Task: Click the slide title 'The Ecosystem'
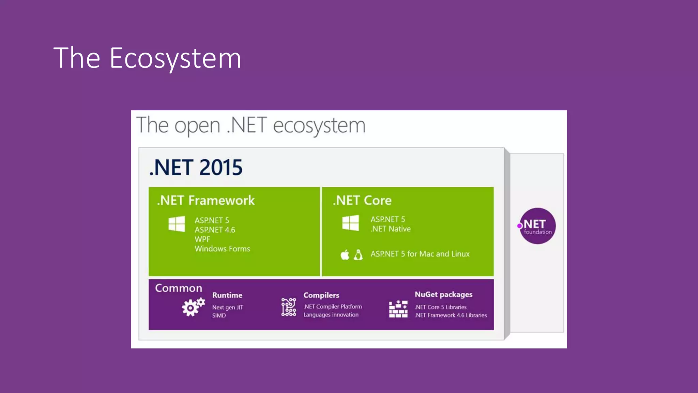pyautogui.click(x=147, y=58)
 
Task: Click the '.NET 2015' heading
pyautogui.click(x=196, y=168)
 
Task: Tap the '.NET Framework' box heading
pyautogui.click(x=206, y=200)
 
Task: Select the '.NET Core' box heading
pyautogui.click(x=362, y=200)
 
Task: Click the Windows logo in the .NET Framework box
pyautogui.click(x=177, y=224)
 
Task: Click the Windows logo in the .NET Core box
pyautogui.click(x=350, y=223)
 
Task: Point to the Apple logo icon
pyautogui.click(x=345, y=254)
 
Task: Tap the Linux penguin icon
pyautogui.click(x=358, y=254)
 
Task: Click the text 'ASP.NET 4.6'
pyautogui.click(x=215, y=230)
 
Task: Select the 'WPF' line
pyautogui.click(x=202, y=239)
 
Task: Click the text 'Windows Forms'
pyautogui.click(x=222, y=249)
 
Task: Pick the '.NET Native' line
pyautogui.click(x=391, y=229)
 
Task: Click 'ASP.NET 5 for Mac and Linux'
pyautogui.click(x=420, y=254)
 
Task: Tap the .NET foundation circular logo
pyautogui.click(x=537, y=226)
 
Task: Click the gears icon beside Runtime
pyautogui.click(x=193, y=307)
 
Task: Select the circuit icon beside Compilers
pyautogui.click(x=288, y=307)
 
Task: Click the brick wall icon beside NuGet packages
pyautogui.click(x=398, y=309)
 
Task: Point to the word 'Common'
pyautogui.click(x=179, y=288)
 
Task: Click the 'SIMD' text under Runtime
pyautogui.click(x=219, y=316)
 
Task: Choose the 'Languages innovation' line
pyautogui.click(x=331, y=315)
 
